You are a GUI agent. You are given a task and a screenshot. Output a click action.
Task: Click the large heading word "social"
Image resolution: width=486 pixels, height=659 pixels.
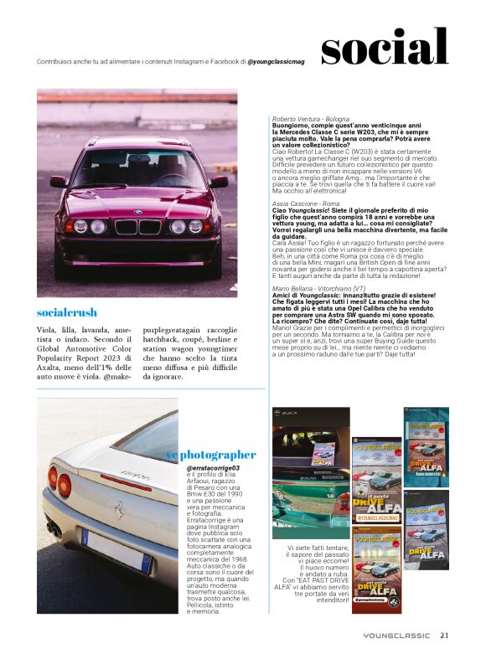point(384,47)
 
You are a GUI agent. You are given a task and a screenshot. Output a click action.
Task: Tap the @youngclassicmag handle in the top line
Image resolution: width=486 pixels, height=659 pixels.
point(276,61)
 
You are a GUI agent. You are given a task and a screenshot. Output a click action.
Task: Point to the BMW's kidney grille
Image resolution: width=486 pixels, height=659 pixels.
point(137,227)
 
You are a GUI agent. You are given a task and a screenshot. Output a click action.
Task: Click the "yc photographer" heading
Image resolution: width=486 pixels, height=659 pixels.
point(210,454)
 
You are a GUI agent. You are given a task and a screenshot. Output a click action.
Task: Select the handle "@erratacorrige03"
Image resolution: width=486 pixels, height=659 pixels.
point(213,468)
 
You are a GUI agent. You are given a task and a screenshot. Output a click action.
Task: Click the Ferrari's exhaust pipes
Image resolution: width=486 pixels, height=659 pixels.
point(54,529)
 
